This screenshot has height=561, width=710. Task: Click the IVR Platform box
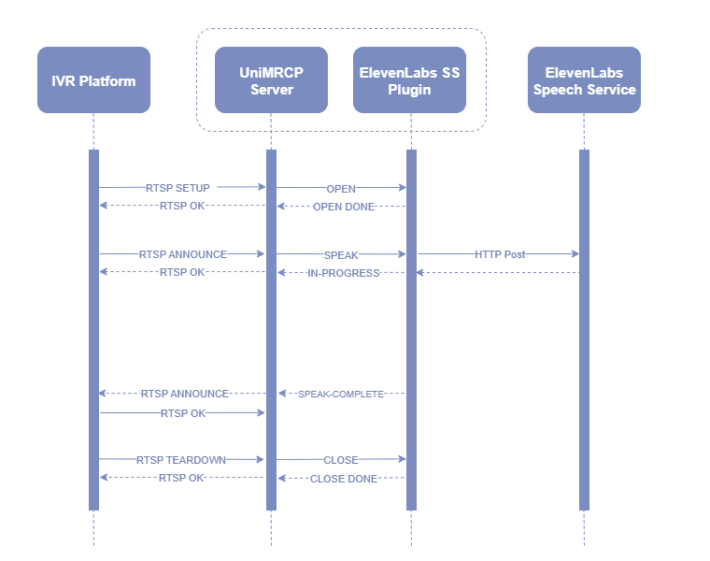(93, 80)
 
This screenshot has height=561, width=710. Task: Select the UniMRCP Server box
(271, 80)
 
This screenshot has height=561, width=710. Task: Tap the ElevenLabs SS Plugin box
(409, 80)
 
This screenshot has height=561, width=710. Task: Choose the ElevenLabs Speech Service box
(584, 80)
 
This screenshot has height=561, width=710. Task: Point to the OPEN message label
(341, 189)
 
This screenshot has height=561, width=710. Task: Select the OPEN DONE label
(343, 207)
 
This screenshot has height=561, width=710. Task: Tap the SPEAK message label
(341, 254)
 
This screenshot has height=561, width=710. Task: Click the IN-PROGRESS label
(343, 273)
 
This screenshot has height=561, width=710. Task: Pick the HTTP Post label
(499, 254)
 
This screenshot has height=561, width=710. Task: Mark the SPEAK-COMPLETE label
(341, 395)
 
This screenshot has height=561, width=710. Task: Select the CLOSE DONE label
(343, 479)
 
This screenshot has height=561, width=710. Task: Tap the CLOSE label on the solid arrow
(341, 460)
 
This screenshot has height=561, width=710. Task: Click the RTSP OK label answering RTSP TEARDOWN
(181, 478)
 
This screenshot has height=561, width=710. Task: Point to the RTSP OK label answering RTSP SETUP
(182, 206)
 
